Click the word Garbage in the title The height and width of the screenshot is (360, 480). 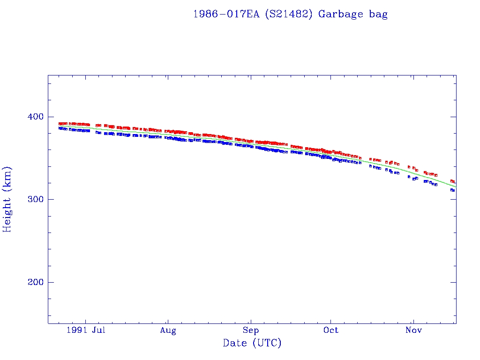pos(340,14)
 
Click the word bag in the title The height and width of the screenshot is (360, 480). pos(378,15)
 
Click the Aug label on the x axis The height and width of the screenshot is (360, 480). pos(168,330)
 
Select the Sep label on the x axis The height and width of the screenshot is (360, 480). pos(251,330)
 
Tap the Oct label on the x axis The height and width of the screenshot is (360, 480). pos(331,330)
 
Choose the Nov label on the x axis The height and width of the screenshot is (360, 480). pos(414,330)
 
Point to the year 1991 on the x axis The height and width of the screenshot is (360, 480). pos(77,330)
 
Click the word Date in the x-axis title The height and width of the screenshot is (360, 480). pos(234,343)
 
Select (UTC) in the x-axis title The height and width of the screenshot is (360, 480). pos(266,343)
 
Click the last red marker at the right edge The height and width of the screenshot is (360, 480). pos(453,181)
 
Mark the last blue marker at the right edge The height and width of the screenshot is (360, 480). pos(453,190)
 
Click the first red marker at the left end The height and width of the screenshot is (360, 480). pos(60,124)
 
